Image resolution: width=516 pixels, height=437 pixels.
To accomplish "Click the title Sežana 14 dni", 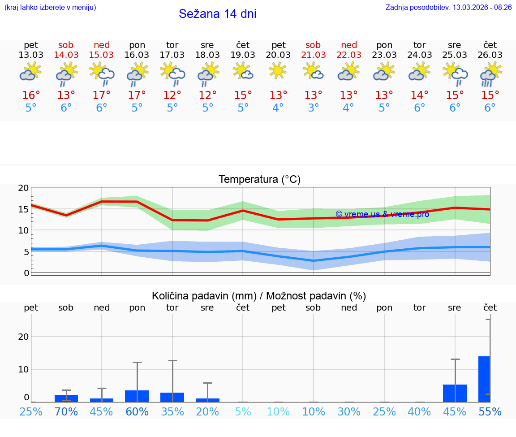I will [x=217, y=14].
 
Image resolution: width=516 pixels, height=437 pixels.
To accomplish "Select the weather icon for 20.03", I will [x=278, y=71].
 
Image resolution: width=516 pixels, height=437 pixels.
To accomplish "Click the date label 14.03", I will [x=66, y=55].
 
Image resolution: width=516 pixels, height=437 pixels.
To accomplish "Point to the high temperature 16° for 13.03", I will [x=31, y=95].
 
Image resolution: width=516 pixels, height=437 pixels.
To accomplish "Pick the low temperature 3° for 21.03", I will [x=313, y=108].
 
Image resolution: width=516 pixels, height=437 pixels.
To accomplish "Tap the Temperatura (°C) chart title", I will [x=259, y=180].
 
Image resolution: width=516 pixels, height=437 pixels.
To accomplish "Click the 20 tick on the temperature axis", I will [x=23, y=188].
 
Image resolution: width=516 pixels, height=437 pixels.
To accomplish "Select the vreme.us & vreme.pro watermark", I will [x=382, y=214].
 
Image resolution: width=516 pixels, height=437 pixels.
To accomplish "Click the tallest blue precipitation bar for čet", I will [x=484, y=379].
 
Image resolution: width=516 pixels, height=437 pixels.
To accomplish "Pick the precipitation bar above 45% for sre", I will [x=455, y=393].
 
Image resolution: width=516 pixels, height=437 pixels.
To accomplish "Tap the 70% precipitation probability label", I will [x=66, y=411].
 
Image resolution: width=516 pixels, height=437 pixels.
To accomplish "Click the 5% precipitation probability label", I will [x=243, y=411].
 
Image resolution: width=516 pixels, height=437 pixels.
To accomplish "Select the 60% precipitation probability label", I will [x=137, y=411].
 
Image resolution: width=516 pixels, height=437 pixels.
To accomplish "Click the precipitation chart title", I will [x=259, y=296].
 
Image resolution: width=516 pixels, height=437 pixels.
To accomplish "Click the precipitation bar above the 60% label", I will [x=137, y=396].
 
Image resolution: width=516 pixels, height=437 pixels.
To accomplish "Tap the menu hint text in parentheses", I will [x=50, y=7].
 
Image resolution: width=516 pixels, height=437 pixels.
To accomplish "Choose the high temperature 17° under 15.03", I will [x=101, y=95].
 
